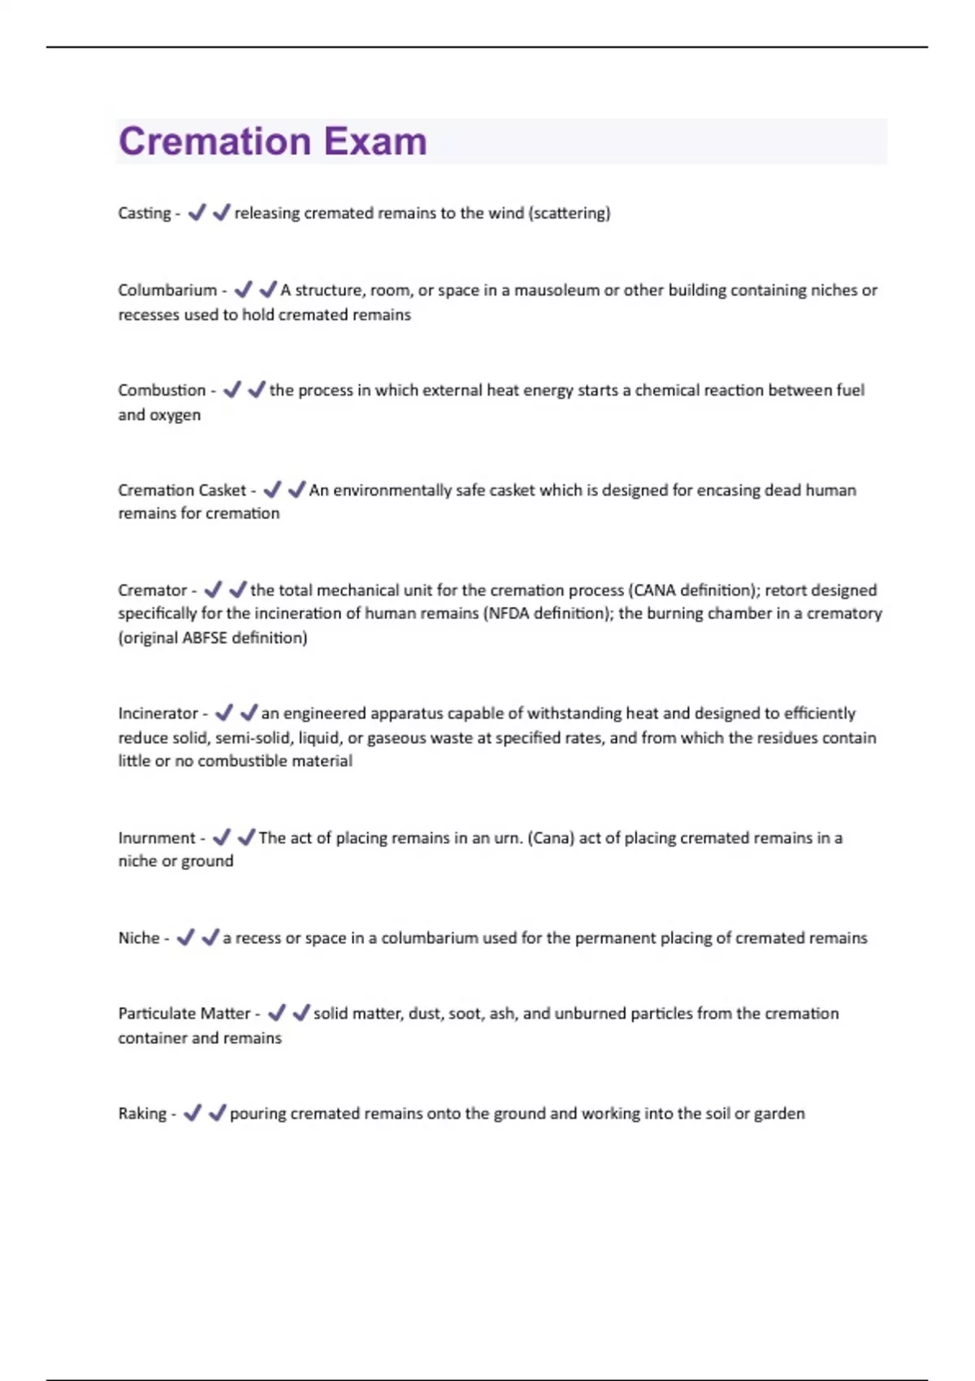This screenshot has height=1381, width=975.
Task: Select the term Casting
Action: tap(144, 213)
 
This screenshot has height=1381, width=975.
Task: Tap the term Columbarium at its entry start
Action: tap(167, 290)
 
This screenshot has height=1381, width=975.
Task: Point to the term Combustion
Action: tap(162, 390)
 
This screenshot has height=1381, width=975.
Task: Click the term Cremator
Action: tap(152, 590)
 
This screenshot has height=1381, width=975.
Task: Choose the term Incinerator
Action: tap(158, 713)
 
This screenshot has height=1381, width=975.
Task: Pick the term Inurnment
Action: tap(157, 838)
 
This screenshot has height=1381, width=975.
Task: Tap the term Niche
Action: tap(139, 937)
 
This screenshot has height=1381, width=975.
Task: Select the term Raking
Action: tap(142, 1113)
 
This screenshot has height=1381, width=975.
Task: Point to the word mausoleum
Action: tap(557, 290)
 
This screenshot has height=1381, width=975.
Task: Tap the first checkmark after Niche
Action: tap(186, 937)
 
